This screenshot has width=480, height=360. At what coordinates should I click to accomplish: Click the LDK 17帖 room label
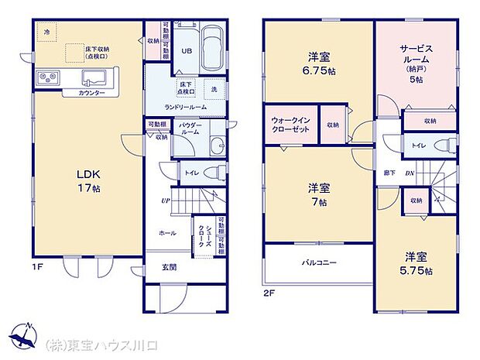(x=87, y=181)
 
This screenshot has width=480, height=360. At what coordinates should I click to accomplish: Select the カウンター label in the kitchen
(x=91, y=93)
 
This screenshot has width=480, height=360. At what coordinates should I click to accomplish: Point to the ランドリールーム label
(x=183, y=107)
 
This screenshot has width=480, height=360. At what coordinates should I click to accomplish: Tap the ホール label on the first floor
(x=166, y=231)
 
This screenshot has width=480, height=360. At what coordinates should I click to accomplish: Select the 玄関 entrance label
(x=167, y=269)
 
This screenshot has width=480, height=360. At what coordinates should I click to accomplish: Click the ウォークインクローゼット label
(x=291, y=125)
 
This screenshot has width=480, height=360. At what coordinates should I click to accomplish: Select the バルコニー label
(x=319, y=262)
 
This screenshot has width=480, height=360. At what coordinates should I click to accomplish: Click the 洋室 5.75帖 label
(x=417, y=263)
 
